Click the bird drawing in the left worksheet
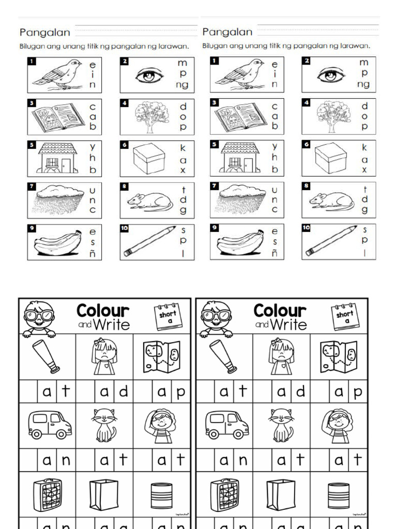[x=57, y=74]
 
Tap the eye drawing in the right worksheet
[x=331, y=75]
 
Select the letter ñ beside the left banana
[x=93, y=253]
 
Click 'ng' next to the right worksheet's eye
[x=363, y=84]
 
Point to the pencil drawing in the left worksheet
[x=149, y=241]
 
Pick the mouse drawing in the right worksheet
[x=331, y=200]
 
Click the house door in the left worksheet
[x=66, y=165]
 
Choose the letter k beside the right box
[x=364, y=148]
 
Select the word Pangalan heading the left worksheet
[x=45, y=33]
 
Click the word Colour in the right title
[x=280, y=310]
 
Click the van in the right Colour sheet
[x=227, y=425]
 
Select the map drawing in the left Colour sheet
[x=161, y=357]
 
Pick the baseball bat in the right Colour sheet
[x=223, y=356]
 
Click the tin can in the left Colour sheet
[x=161, y=495]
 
